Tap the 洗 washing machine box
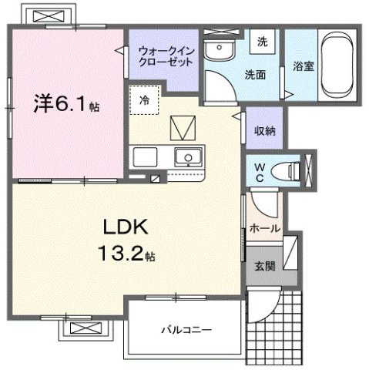click(262, 42)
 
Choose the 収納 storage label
click(265, 130)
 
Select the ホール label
click(264, 229)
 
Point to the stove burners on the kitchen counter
click(146, 157)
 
